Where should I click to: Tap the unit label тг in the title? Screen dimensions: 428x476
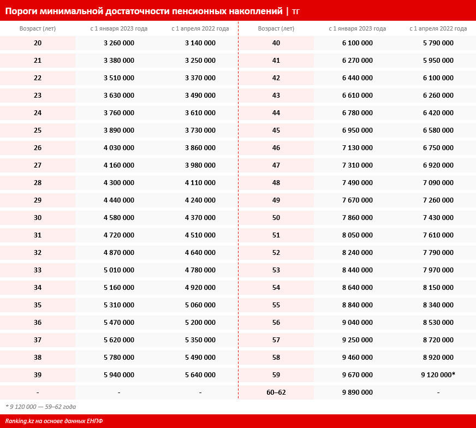tap(295, 11)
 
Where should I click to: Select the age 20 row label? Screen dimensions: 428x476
tap(38, 43)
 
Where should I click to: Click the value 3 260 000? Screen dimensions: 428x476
tap(119, 43)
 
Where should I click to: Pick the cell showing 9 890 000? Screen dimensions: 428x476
tap(358, 393)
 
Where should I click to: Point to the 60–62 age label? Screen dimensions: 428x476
tap(276, 393)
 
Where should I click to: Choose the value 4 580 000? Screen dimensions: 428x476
tap(119, 218)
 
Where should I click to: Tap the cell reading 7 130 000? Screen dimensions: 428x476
tap(358, 148)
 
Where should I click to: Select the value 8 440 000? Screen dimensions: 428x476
tap(358, 270)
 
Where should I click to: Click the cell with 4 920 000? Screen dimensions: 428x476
tap(200, 288)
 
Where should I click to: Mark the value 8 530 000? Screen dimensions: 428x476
tap(438, 323)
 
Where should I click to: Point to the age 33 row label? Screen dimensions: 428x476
tap(38, 270)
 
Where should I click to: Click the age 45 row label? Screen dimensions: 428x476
tap(276, 130)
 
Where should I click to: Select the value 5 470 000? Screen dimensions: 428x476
tap(119, 323)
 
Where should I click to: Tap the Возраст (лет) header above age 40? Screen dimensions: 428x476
tap(276, 28)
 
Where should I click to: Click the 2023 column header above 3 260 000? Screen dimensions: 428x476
tap(119, 28)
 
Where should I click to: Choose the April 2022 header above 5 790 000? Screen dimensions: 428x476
tap(438, 28)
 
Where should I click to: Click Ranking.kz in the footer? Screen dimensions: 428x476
tap(21, 421)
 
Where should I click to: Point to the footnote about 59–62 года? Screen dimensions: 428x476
tap(41, 407)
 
